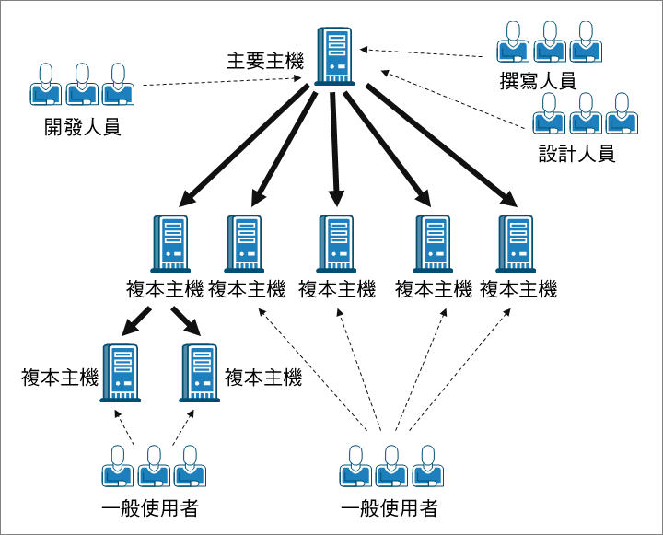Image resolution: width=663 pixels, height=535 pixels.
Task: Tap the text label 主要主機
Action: click(x=265, y=62)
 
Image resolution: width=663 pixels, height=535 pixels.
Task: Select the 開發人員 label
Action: click(x=82, y=127)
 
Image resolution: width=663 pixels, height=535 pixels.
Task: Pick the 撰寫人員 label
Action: click(x=538, y=81)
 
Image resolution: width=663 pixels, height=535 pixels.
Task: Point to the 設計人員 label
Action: click(x=576, y=153)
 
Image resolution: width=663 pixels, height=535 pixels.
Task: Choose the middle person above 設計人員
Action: click(x=586, y=113)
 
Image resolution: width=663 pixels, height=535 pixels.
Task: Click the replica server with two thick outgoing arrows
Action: click(x=169, y=243)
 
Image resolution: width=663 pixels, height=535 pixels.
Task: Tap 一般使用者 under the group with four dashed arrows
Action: click(x=389, y=508)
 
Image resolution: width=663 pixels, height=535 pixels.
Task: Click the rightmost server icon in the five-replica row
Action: click(x=517, y=243)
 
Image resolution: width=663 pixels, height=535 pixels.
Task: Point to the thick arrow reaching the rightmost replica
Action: click(x=442, y=145)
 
